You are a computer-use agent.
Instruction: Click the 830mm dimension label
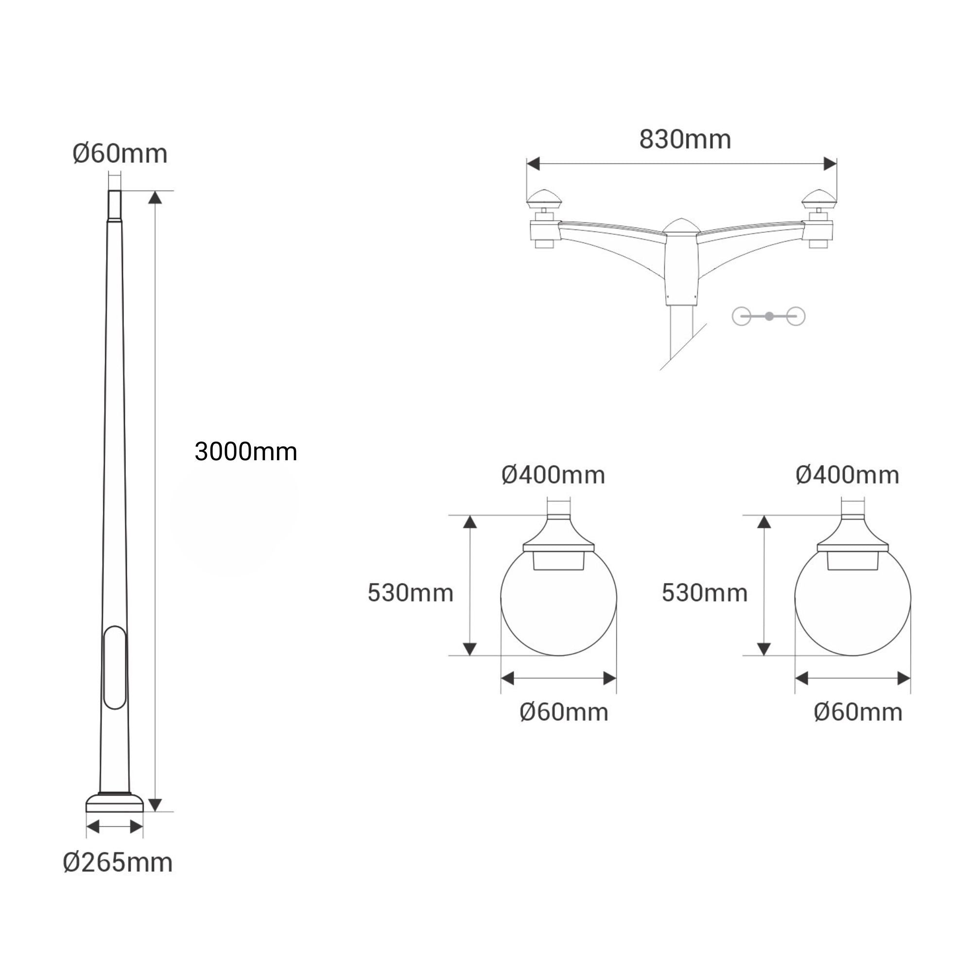pyautogui.click(x=685, y=140)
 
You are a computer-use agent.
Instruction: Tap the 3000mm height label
pyautogui.click(x=245, y=452)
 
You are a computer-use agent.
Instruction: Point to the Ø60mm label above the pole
pyautogui.click(x=120, y=154)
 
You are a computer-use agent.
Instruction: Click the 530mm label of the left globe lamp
pyautogui.click(x=411, y=593)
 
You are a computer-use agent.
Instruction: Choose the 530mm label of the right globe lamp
pyautogui.click(x=704, y=593)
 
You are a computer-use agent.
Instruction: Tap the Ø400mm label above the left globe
pyautogui.click(x=553, y=475)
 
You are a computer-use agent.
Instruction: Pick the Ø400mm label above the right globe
pyautogui.click(x=847, y=475)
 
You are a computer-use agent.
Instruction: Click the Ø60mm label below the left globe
pyautogui.click(x=563, y=712)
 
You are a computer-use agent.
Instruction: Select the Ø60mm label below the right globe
pyautogui.click(x=858, y=712)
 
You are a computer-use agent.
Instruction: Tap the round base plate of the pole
pyautogui.click(x=115, y=803)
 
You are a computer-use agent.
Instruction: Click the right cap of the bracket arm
pyautogui.click(x=819, y=199)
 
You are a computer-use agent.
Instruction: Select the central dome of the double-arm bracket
pyautogui.click(x=681, y=228)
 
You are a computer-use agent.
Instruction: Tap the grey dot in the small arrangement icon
pyautogui.click(x=769, y=316)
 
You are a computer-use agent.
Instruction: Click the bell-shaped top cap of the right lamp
pyautogui.click(x=853, y=534)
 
